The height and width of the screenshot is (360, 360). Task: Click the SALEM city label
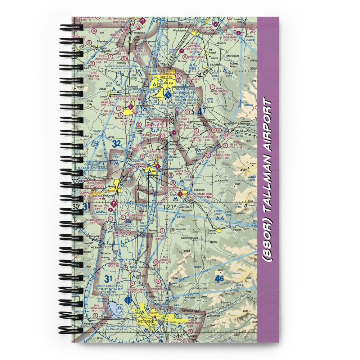(x=168, y=83)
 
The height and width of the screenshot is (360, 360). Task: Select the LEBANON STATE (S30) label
(x=198, y=194)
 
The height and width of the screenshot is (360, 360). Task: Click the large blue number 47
(x=202, y=111)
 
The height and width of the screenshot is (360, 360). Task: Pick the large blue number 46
(x=219, y=278)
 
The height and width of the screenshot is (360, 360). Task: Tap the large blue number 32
(x=116, y=144)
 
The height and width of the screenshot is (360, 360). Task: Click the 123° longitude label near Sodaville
(x=170, y=207)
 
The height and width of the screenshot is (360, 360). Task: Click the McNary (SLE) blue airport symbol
(x=168, y=95)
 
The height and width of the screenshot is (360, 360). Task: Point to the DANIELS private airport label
(x=165, y=260)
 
